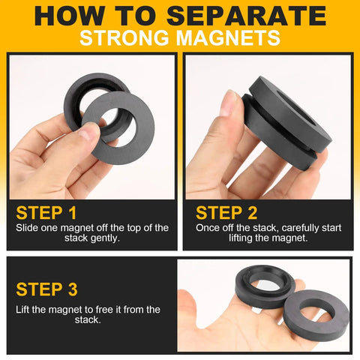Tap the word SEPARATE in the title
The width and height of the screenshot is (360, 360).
pos(251,15)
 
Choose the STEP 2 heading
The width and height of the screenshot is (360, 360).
pos(226,212)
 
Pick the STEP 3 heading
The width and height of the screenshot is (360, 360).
pos(46,289)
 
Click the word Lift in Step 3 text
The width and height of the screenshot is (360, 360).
pos(23,309)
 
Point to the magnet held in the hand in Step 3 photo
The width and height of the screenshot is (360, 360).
pos(259,289)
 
